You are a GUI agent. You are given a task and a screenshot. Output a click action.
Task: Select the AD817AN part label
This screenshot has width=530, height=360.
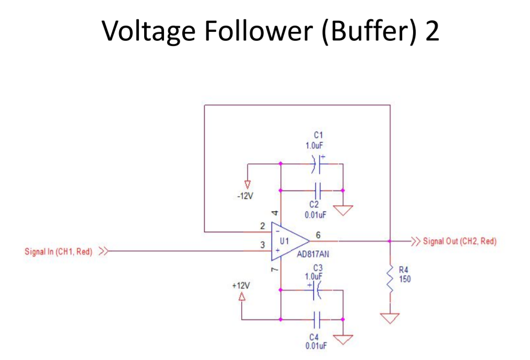313,255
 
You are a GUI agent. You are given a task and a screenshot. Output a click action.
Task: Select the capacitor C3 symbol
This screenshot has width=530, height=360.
315,291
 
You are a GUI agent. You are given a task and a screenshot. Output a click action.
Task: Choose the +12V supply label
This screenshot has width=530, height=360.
241,286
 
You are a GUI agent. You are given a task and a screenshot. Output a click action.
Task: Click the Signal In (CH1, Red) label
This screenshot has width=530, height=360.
58,252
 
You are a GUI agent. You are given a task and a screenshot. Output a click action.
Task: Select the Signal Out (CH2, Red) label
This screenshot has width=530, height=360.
460,241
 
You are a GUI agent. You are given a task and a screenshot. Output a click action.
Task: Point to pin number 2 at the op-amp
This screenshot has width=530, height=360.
263,226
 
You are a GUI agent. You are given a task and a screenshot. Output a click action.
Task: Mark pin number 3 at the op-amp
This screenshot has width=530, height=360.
263,245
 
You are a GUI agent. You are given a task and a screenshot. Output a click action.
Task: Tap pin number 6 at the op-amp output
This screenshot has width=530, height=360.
318,235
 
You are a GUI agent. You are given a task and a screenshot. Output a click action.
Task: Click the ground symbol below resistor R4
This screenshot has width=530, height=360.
390,318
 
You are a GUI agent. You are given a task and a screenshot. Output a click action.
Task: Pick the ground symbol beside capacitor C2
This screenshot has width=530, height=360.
343,210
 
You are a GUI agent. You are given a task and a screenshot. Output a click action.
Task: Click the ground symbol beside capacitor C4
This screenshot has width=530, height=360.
343,340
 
